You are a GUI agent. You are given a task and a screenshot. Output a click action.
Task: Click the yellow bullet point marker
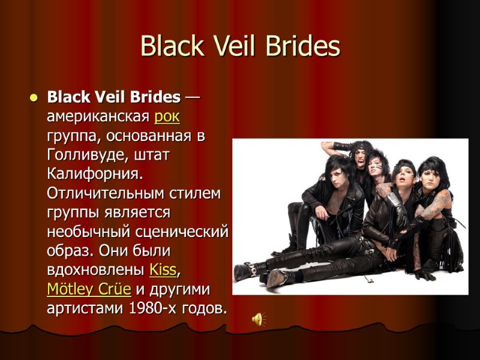(34, 97)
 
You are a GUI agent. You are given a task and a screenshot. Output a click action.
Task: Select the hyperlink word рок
(167, 116)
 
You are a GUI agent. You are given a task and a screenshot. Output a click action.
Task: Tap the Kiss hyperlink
(163, 269)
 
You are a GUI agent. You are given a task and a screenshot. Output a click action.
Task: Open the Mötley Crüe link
(88, 289)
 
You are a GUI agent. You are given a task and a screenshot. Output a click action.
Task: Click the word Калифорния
(95, 173)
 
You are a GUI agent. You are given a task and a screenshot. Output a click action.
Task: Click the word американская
(98, 116)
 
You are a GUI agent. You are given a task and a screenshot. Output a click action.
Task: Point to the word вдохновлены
(96, 269)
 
